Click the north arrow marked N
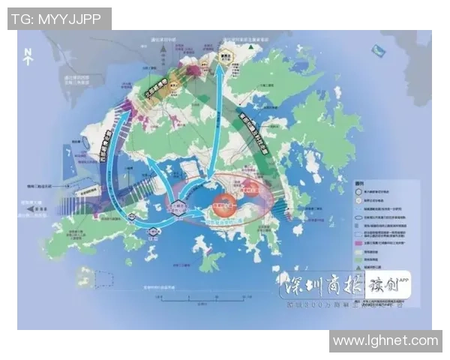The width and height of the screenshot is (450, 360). (28, 54)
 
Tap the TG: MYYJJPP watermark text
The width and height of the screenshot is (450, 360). (59, 19)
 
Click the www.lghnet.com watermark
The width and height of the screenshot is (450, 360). (385, 340)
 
